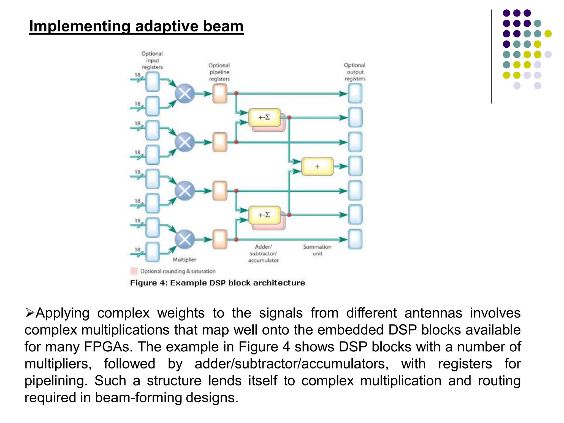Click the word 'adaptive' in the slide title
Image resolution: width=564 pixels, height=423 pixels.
click(x=166, y=26)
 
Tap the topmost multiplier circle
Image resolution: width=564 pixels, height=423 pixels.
click(x=185, y=94)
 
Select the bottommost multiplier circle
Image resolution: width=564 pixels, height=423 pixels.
click(x=185, y=239)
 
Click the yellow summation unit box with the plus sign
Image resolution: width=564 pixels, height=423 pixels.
click(x=317, y=166)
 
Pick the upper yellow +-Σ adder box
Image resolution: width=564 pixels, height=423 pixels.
click(x=264, y=117)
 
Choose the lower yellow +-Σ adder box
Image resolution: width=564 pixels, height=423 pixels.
click(x=264, y=215)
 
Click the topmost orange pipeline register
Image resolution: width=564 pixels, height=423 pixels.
click(x=220, y=94)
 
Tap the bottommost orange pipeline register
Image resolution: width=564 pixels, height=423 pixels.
click(x=220, y=239)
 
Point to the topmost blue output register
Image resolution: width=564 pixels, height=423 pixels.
click(x=355, y=94)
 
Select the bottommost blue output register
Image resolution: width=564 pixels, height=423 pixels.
click(x=355, y=239)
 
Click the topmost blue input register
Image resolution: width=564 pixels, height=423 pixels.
click(x=153, y=82)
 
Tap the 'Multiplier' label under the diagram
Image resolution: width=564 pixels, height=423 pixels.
click(x=184, y=260)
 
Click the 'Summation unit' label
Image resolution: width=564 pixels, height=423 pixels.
click(x=317, y=250)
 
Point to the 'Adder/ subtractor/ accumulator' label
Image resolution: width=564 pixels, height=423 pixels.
click(x=264, y=253)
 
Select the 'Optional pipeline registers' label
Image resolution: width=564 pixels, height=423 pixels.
click(x=219, y=72)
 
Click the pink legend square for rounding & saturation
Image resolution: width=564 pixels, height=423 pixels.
click(x=134, y=271)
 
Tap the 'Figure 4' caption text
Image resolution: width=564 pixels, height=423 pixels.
click(x=217, y=283)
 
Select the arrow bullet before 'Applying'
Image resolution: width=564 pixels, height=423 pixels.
click(x=29, y=313)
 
